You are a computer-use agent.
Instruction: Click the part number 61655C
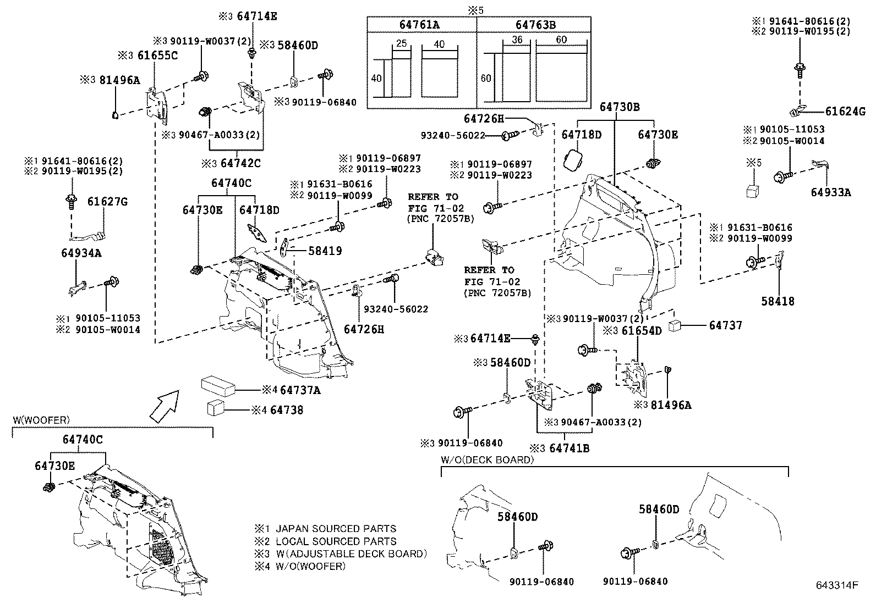point(157,56)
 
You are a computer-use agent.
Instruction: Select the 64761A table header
point(422,25)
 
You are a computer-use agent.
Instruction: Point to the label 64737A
point(300,390)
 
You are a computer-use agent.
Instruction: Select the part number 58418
point(778,301)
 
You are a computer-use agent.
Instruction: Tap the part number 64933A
point(830,192)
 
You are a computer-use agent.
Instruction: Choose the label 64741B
point(569,448)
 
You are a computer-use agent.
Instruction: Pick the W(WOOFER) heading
point(41,420)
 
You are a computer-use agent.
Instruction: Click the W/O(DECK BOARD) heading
point(487,460)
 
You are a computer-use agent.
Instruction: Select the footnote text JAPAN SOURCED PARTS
point(336,529)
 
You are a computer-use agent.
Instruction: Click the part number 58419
point(325,251)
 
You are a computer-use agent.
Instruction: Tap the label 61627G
point(107,202)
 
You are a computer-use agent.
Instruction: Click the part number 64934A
point(81,253)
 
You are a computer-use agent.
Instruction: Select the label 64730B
point(620,107)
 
